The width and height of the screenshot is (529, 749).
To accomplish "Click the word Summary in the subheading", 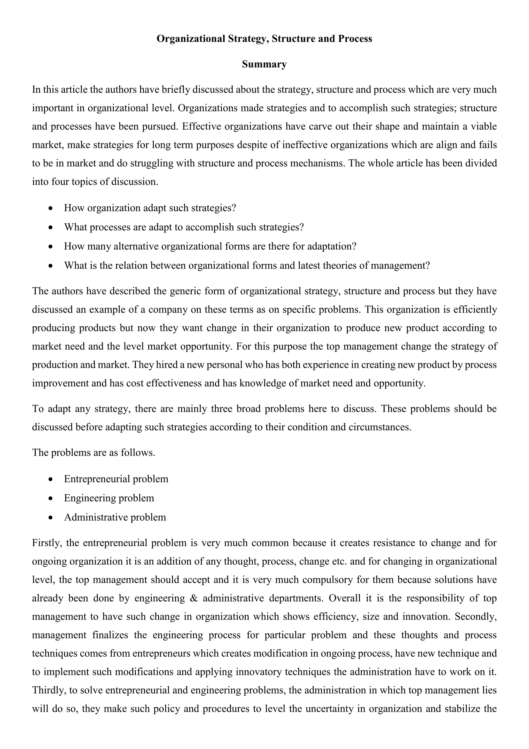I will tap(264, 64).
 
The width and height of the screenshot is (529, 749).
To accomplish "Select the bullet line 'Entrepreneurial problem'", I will tap(116, 479).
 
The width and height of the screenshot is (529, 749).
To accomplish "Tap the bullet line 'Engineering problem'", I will tap(109, 498).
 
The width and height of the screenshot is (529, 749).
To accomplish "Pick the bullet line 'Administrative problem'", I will tap(115, 517).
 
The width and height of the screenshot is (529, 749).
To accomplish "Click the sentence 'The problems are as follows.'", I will tap(94, 453).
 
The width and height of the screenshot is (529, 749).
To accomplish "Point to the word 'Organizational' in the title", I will tap(191, 39).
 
